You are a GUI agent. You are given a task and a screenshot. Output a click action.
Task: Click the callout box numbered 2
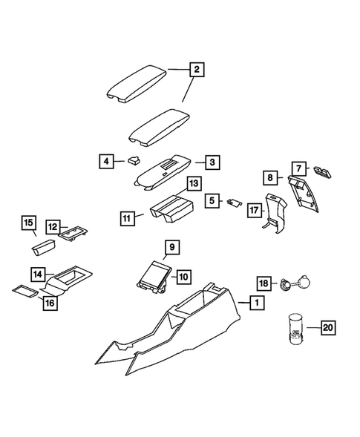coord(197,71)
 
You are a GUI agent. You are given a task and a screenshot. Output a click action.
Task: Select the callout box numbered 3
coord(212,162)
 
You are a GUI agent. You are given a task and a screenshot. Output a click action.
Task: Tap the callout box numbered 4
coord(107,160)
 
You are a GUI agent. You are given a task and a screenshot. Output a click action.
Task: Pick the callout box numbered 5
coord(212,200)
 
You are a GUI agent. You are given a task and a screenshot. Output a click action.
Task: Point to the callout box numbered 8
coord(270,177)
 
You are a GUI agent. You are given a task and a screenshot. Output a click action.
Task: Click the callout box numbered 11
coord(128,218)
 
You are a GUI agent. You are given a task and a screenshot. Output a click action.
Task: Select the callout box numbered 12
coord(53,226)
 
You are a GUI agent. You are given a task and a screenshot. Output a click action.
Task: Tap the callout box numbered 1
coord(255,303)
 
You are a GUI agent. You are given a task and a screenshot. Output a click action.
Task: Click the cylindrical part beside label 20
coord(293,329)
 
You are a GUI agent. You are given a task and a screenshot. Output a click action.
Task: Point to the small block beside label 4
coord(133,158)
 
